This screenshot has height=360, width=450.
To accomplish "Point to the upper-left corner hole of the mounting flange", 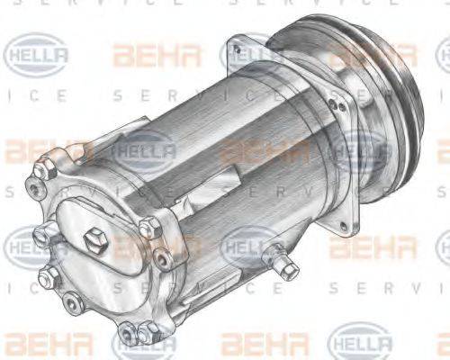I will point(238,43).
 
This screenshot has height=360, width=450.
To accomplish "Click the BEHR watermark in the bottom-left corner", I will point(36,343).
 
